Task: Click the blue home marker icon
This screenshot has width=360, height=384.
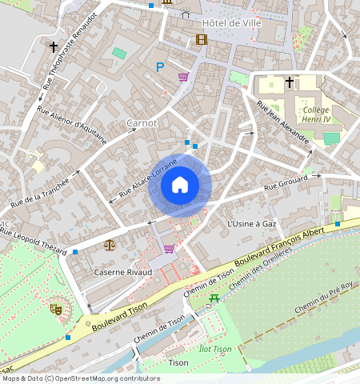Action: (180, 186)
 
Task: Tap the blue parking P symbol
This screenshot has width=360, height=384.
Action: (160, 68)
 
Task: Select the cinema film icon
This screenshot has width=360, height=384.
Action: (201, 39)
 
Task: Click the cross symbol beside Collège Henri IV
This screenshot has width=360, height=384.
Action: (290, 82)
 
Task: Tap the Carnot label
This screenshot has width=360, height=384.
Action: (142, 123)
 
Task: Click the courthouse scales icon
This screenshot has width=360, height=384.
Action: (109, 245)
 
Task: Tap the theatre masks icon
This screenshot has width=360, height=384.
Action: (57, 307)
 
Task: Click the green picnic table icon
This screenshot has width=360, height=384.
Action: (214, 298)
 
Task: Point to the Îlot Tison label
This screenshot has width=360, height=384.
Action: (214, 349)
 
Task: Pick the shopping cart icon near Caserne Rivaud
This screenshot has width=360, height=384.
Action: (169, 249)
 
